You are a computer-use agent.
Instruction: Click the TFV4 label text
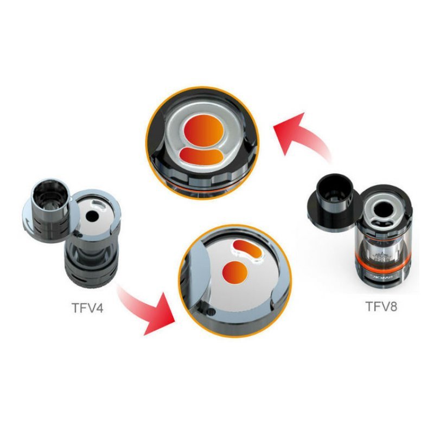pos(87,308)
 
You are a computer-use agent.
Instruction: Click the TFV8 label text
pos(381,306)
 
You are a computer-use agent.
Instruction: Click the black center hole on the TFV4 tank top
pos(91,216)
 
